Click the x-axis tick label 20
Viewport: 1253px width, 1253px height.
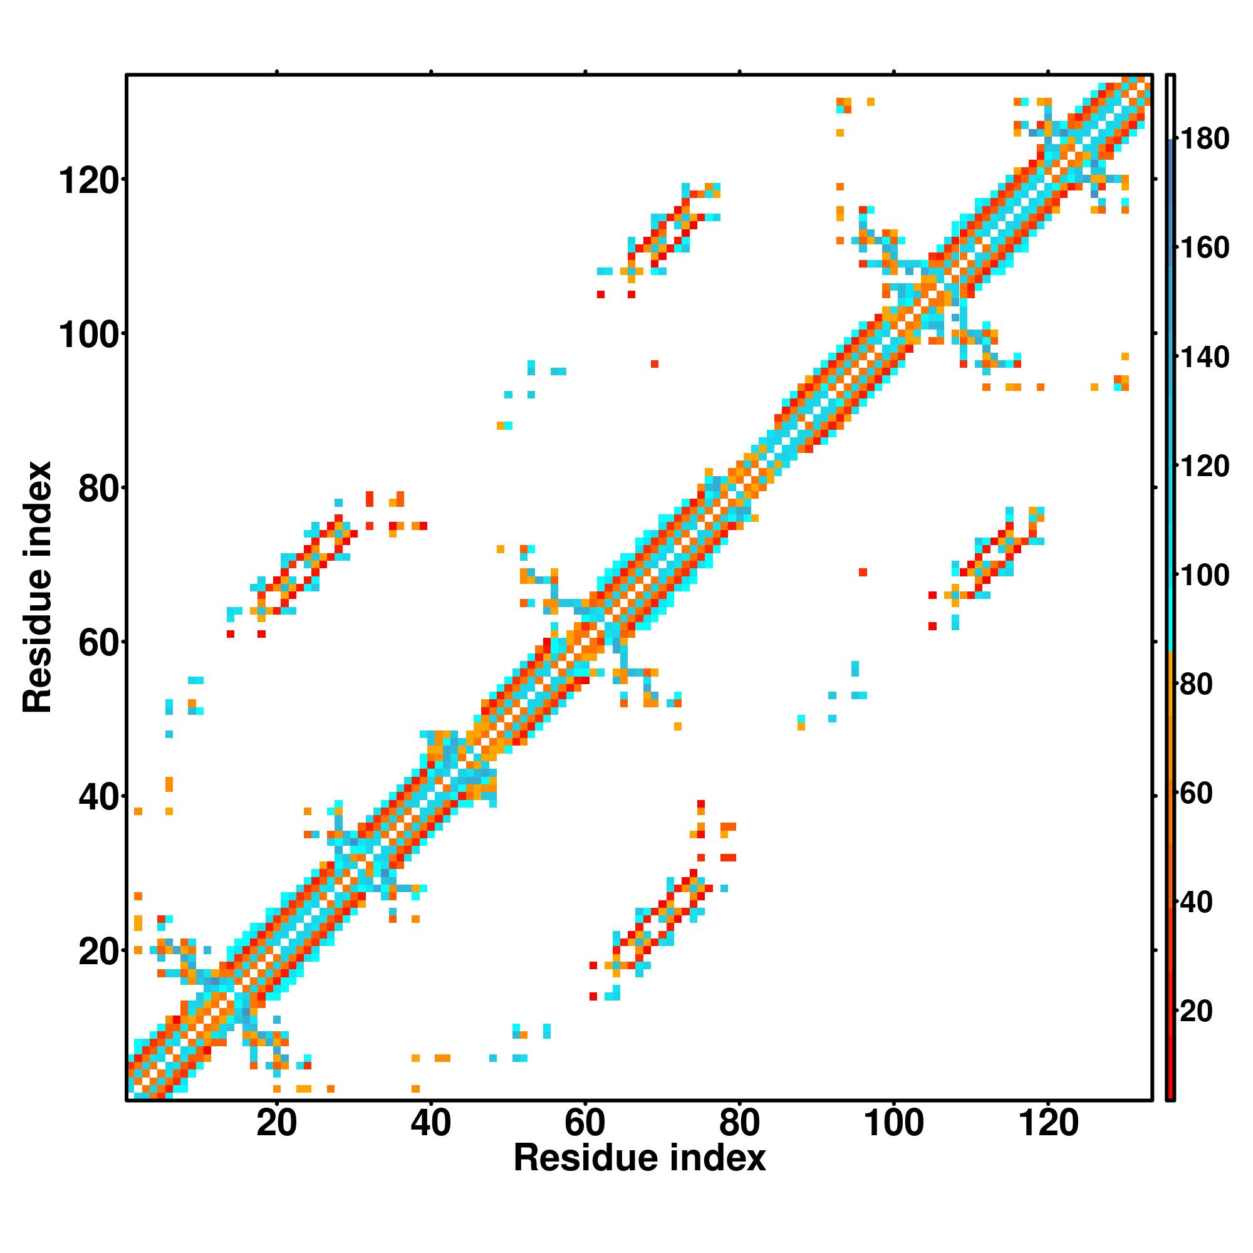click(x=276, y=1124)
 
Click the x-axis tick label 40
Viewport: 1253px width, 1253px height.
click(x=430, y=1124)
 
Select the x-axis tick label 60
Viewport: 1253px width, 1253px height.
click(x=585, y=1124)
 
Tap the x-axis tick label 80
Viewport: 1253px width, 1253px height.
click(x=739, y=1124)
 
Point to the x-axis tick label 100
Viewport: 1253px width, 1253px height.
click(x=894, y=1124)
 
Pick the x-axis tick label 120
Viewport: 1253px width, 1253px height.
click(x=1049, y=1124)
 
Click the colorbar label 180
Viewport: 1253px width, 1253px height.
click(x=1205, y=139)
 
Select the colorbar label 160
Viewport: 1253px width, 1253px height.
click(x=1205, y=247)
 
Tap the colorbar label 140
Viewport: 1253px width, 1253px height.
click(x=1205, y=357)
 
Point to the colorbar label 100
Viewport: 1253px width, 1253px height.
click(x=1205, y=575)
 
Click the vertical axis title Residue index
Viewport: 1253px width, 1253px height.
click(x=38, y=587)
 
